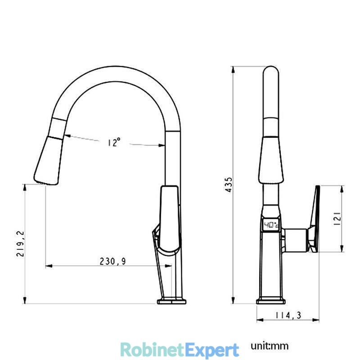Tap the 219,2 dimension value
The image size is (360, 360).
[x=20, y=244]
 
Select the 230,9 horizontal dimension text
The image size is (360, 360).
[x=113, y=261]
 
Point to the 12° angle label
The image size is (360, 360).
[x=114, y=142]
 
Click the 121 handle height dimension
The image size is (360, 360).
[x=337, y=219]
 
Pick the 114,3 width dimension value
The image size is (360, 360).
[x=288, y=315]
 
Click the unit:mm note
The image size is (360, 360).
[x=270, y=346]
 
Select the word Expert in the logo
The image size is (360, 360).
[x=211, y=351]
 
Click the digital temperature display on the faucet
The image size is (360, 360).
[x=271, y=225]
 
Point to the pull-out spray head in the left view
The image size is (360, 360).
[x=48, y=160]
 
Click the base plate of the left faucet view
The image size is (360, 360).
[x=171, y=301]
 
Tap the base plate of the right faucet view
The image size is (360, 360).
[x=271, y=301]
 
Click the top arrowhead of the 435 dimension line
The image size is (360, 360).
[x=233, y=70]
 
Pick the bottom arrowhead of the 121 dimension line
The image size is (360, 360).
[x=342, y=249]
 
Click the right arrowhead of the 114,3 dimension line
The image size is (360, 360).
[x=316, y=320]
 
